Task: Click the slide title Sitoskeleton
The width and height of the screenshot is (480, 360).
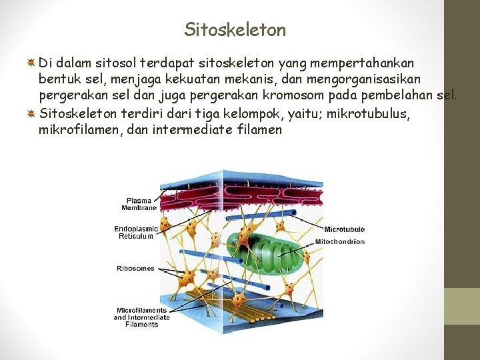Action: click(x=235, y=30)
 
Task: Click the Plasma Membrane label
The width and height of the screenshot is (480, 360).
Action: click(x=139, y=204)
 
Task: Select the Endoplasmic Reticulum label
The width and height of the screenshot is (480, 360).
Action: click(x=136, y=232)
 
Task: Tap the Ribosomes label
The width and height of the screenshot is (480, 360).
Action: click(x=135, y=269)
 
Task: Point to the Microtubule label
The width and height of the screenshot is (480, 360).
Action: click(x=344, y=229)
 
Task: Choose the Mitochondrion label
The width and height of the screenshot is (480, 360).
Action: click(x=339, y=241)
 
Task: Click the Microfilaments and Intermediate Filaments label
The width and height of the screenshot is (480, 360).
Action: click(x=141, y=317)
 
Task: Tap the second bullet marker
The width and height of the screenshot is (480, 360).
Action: click(x=31, y=113)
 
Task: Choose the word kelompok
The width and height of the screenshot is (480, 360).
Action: click(x=246, y=113)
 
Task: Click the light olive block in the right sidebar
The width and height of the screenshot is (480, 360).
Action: click(x=462, y=306)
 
